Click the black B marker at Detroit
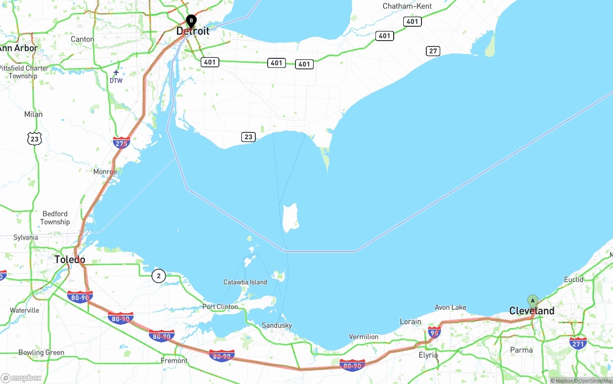click(191, 21)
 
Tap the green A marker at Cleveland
click(533, 301)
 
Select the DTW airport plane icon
click(116, 73)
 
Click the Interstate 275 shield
click(121, 142)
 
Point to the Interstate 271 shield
click(578, 342)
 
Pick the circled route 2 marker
click(159, 275)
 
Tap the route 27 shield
click(433, 51)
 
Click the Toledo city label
click(69, 260)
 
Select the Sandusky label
click(277, 326)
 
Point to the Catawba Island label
click(245, 282)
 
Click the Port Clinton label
click(220, 307)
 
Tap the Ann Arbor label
click(18, 48)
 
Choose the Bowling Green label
click(41, 352)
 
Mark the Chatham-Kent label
click(407, 6)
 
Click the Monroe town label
click(105, 172)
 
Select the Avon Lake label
click(450, 307)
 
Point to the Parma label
click(521, 350)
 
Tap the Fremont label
click(174, 361)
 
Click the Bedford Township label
click(55, 218)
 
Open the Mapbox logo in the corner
click(21, 378)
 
